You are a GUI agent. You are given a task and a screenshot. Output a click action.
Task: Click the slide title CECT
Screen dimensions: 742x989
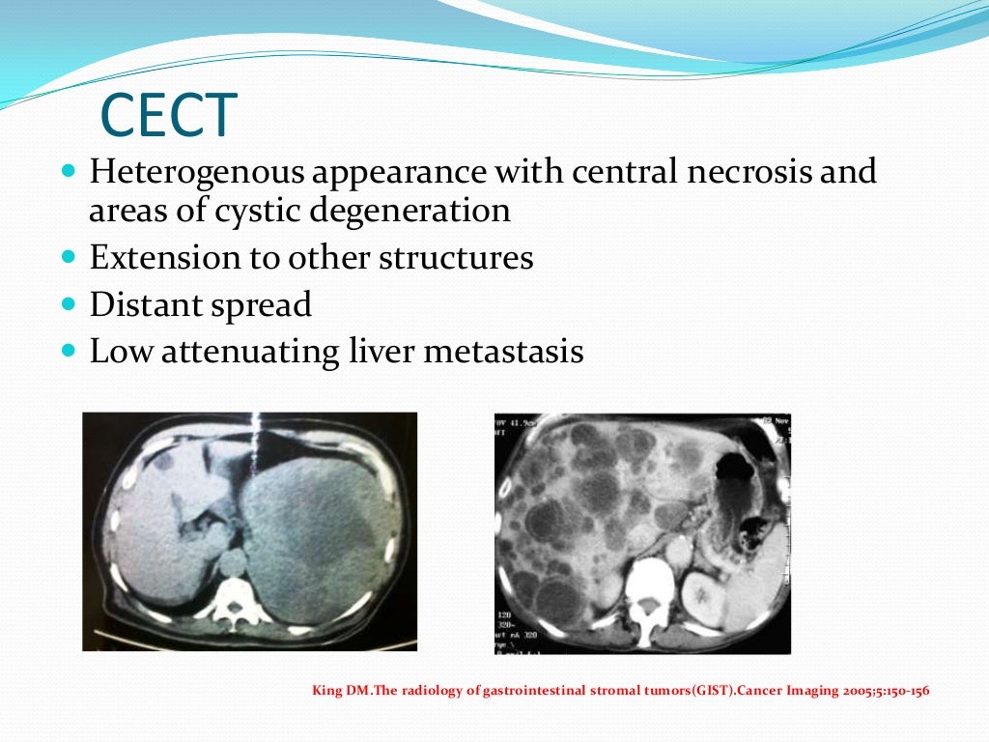(169, 115)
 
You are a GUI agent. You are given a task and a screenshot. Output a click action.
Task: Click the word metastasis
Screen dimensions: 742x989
(505, 351)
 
